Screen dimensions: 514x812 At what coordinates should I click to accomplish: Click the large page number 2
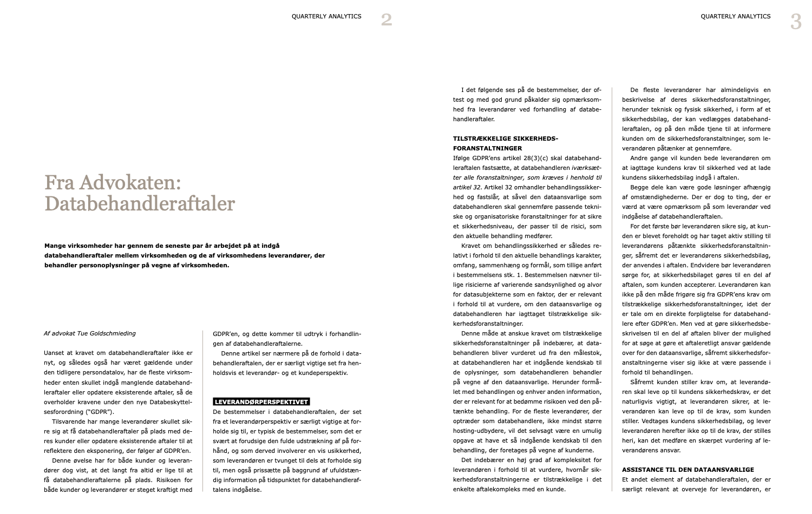coord(386,20)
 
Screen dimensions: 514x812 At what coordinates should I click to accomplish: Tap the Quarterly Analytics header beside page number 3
coord(735,16)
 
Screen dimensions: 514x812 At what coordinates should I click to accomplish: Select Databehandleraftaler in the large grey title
coord(140,203)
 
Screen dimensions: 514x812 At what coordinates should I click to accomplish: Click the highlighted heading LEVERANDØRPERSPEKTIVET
coord(261,401)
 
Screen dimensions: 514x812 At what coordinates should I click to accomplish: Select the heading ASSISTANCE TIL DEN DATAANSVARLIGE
coord(687,470)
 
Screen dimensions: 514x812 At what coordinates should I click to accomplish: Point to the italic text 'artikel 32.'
coord(467,187)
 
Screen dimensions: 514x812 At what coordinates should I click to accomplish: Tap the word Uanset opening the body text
coord(54,353)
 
